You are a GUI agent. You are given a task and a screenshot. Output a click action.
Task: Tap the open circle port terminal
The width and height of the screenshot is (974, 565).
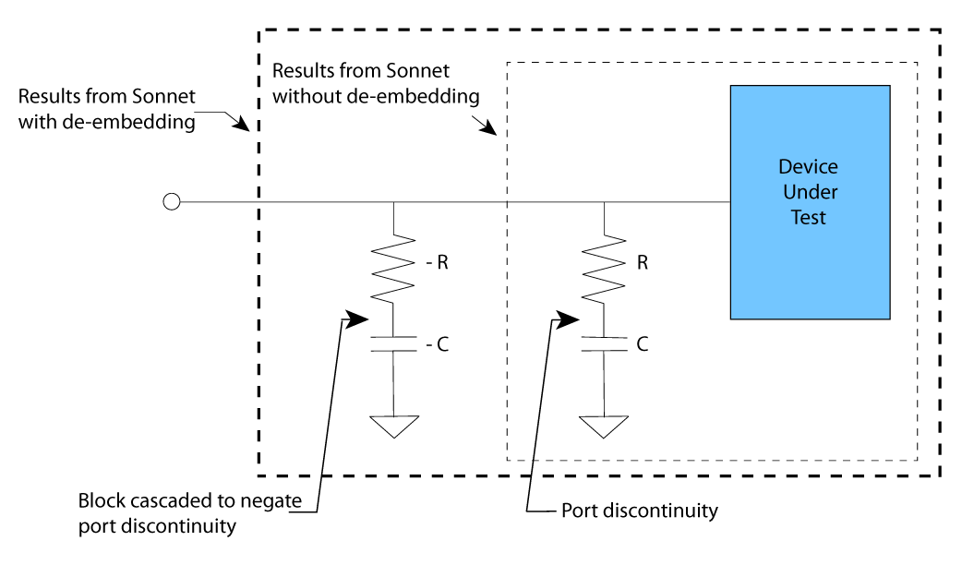click(171, 202)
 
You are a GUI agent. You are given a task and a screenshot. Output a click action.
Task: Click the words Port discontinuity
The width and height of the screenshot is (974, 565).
click(639, 511)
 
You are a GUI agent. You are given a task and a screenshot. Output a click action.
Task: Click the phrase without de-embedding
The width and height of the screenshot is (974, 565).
click(376, 95)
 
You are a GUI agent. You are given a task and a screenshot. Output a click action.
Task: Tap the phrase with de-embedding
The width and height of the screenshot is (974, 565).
click(107, 121)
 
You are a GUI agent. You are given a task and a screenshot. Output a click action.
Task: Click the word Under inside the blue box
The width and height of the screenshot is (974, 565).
click(810, 192)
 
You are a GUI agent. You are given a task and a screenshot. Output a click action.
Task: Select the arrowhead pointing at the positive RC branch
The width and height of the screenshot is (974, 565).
click(565, 319)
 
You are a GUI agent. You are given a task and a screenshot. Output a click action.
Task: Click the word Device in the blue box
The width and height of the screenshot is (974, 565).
click(809, 167)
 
